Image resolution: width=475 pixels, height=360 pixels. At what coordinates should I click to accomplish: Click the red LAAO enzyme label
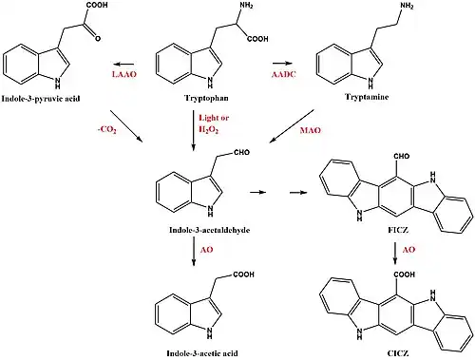click(x=124, y=74)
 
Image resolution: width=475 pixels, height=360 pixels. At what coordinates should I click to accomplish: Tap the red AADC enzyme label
click(x=284, y=74)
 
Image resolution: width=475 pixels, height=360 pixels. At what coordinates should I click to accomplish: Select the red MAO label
click(x=311, y=130)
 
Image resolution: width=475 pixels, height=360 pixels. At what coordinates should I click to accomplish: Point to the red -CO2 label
click(x=106, y=130)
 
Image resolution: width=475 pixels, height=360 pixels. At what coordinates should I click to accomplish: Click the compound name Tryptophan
click(x=206, y=98)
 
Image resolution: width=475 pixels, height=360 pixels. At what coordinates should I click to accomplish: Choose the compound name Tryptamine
click(x=367, y=97)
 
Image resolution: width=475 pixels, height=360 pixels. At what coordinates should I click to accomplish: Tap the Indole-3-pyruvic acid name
click(x=41, y=99)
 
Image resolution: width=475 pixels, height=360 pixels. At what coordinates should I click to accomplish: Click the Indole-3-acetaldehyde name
click(x=209, y=230)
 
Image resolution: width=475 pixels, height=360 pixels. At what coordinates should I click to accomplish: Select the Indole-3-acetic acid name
click(x=202, y=353)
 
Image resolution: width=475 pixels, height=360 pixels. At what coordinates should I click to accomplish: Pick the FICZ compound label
click(x=398, y=230)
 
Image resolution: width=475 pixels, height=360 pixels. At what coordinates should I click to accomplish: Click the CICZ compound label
click(x=398, y=353)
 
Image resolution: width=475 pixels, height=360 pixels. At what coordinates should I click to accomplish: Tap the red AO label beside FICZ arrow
click(x=408, y=250)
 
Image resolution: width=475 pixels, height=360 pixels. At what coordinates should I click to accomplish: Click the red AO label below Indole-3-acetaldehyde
click(x=207, y=250)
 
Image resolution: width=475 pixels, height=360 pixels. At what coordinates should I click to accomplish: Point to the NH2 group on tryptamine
click(x=407, y=6)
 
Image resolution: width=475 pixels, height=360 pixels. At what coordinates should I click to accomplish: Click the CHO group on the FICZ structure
click(x=402, y=156)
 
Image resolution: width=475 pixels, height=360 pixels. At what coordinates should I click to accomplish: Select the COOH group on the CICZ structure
click(x=405, y=275)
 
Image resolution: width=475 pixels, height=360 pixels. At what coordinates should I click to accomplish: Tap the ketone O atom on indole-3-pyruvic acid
click(x=98, y=38)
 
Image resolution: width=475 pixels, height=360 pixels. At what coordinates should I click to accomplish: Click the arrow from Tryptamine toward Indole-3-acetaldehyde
click(x=292, y=126)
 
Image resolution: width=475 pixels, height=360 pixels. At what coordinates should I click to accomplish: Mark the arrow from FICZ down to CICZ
click(x=395, y=253)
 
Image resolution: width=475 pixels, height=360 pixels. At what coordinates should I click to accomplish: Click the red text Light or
click(x=214, y=118)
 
